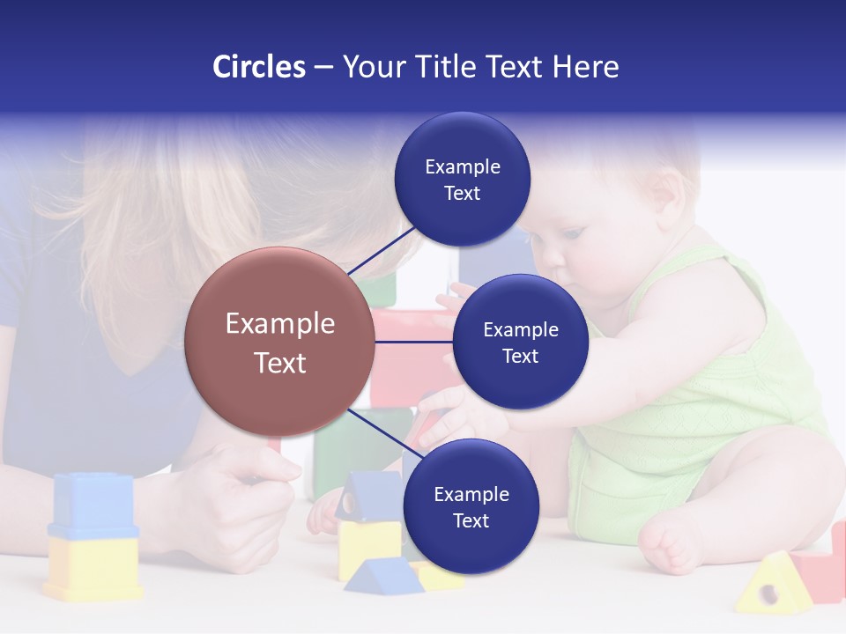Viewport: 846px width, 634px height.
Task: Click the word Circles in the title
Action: pos(259,67)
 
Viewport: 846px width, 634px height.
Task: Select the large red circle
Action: pos(280,343)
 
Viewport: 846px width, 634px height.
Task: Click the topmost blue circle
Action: pos(462,180)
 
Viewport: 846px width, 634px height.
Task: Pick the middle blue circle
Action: pos(520,343)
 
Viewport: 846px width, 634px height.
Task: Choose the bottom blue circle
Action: pos(470,507)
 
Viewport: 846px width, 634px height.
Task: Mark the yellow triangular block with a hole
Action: pos(774,585)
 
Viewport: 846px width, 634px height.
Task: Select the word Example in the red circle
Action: pos(280,324)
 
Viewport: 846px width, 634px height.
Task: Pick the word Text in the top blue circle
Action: pos(462,193)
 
